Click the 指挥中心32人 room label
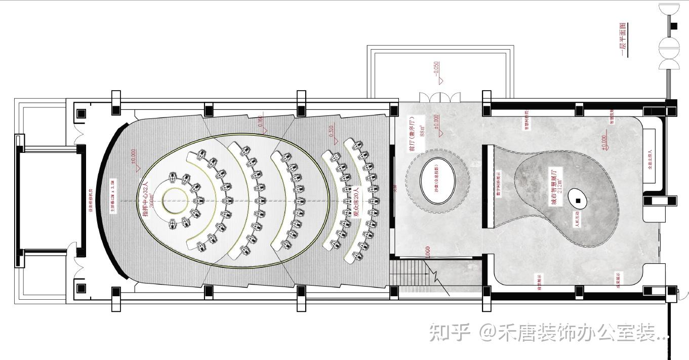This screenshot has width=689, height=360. pos(146,199)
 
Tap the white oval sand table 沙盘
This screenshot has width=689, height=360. pos(438,181)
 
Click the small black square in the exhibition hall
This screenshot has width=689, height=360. pos(578,201)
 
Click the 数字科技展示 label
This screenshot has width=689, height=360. pos(498,183)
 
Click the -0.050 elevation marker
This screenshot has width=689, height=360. pos(436,71)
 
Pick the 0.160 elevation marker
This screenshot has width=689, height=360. pos(260,122)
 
